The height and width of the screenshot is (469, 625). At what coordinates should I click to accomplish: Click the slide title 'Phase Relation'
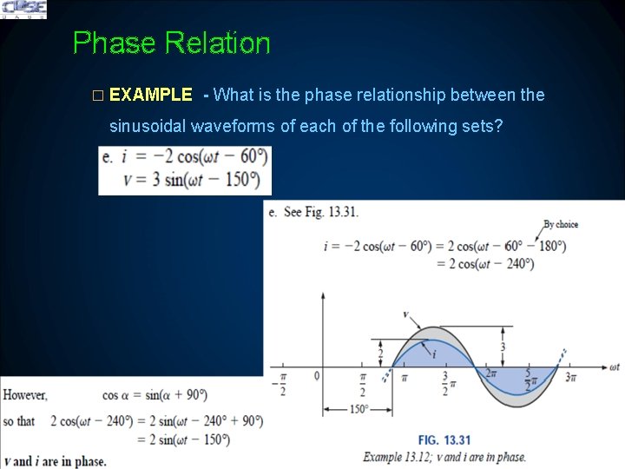click(x=171, y=43)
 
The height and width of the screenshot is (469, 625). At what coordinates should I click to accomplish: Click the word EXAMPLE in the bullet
click(x=151, y=95)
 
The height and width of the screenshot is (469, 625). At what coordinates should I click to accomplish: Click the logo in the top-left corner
click(x=23, y=10)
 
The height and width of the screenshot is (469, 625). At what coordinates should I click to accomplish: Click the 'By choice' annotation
click(x=560, y=224)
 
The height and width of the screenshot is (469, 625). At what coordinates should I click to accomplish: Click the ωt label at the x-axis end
click(x=613, y=367)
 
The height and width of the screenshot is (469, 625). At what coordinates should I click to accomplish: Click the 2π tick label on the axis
click(x=491, y=374)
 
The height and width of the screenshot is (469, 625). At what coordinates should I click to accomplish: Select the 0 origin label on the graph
click(x=317, y=375)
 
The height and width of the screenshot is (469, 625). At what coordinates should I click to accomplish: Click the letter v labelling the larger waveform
click(x=405, y=314)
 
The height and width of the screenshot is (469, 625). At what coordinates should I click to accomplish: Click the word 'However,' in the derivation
click(x=25, y=395)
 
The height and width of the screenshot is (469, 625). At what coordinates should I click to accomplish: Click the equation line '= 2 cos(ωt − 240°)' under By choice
click(x=484, y=264)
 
